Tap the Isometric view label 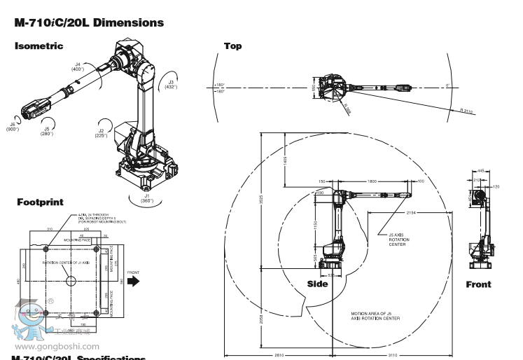click(39, 46)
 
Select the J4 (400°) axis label click(78, 67)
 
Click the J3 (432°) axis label click(171, 84)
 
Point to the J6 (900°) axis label click(13, 126)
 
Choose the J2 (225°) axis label click(102, 133)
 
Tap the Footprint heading click(40, 202)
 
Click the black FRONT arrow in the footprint click(133, 279)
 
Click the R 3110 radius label click(467, 110)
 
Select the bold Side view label click(318, 284)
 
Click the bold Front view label click(478, 284)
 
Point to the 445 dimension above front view click(481, 170)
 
